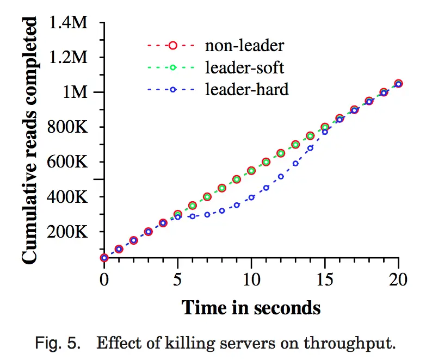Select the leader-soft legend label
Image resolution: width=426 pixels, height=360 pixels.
point(244,67)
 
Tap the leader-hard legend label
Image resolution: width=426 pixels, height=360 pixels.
point(246,89)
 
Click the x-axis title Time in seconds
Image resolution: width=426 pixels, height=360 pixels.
point(251,307)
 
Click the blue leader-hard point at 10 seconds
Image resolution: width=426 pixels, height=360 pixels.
point(251,197)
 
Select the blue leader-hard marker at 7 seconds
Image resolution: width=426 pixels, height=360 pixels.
point(207,214)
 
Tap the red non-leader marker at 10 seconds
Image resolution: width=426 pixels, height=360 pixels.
point(251,170)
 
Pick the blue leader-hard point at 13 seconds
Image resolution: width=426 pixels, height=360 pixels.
point(295,163)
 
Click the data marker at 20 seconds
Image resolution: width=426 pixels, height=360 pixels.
point(399,84)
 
